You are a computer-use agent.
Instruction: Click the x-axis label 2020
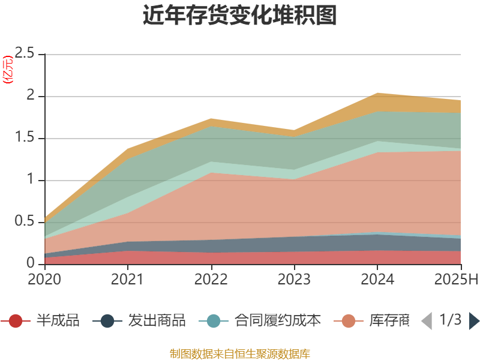44,279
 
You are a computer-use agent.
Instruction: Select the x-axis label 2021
128,279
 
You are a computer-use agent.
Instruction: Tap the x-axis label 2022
211,279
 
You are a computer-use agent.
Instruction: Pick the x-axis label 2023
294,279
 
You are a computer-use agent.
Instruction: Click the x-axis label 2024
377,279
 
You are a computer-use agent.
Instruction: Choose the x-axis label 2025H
456,279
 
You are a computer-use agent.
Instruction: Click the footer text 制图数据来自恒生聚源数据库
239,353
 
